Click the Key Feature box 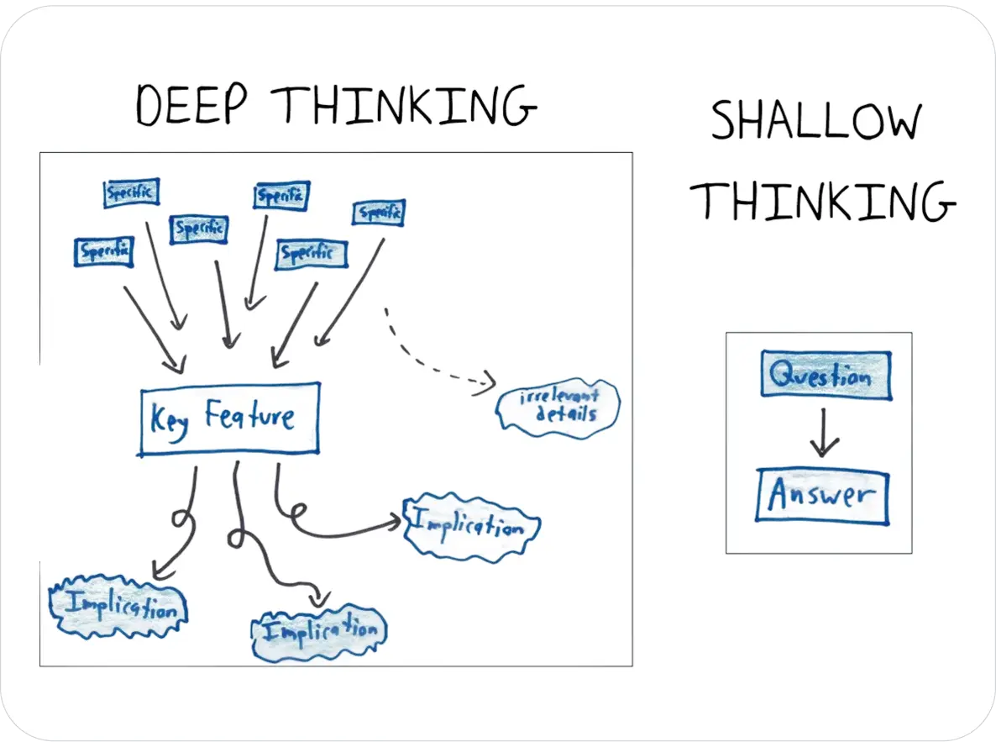(229, 418)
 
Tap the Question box (825, 375)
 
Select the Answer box (822, 497)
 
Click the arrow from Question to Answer (824, 434)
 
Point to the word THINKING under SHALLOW (827, 201)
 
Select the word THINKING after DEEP (406, 107)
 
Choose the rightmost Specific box (379, 213)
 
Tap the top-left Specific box (132, 193)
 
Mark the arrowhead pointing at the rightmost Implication (395, 523)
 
